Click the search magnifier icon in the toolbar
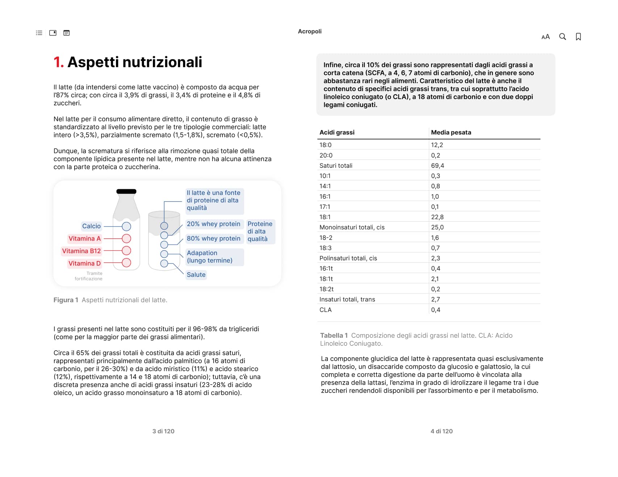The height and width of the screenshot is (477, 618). (562, 37)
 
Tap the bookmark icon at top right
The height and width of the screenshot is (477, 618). (578, 37)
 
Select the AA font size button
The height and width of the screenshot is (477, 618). (546, 37)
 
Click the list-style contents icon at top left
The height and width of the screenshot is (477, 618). (39, 33)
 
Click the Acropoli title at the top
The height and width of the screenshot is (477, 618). (309, 32)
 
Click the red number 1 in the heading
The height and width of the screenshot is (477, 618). (58, 62)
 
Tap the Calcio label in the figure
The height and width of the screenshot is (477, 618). (91, 226)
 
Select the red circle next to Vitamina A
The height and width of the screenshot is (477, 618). (126, 238)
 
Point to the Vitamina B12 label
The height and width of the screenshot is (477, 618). (81, 251)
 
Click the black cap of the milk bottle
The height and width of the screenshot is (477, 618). (126, 191)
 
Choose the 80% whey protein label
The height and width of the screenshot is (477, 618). (213, 238)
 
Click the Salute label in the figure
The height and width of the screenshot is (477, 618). (196, 275)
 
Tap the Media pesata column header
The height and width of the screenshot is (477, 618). (451, 133)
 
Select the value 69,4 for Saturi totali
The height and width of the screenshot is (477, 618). (437, 166)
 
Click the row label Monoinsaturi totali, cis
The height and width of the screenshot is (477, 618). (352, 227)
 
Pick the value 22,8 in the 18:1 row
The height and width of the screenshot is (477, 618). (437, 217)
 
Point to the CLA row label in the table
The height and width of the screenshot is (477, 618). (325, 310)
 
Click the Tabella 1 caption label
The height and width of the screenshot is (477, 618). (334, 336)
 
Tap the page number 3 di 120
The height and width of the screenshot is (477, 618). (163, 431)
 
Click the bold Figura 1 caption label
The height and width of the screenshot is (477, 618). (66, 300)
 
